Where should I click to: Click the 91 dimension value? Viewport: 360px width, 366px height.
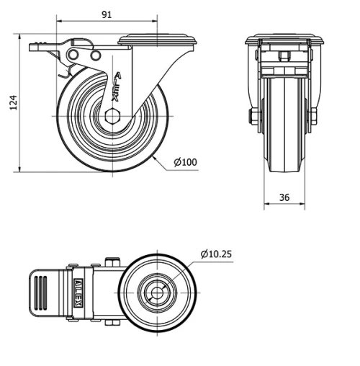pos(106,13)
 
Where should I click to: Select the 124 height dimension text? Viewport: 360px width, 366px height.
pos(12,104)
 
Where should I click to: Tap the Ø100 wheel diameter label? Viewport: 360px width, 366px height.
pos(186,162)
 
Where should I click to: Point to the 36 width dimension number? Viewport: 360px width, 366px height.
pos(284,197)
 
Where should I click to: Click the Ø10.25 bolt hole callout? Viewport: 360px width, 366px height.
pos(217,254)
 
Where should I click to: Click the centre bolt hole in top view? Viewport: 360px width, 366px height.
pos(156,293)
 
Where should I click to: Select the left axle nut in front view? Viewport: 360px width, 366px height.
pos(253,117)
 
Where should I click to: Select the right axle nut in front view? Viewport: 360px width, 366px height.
pos(314,117)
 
